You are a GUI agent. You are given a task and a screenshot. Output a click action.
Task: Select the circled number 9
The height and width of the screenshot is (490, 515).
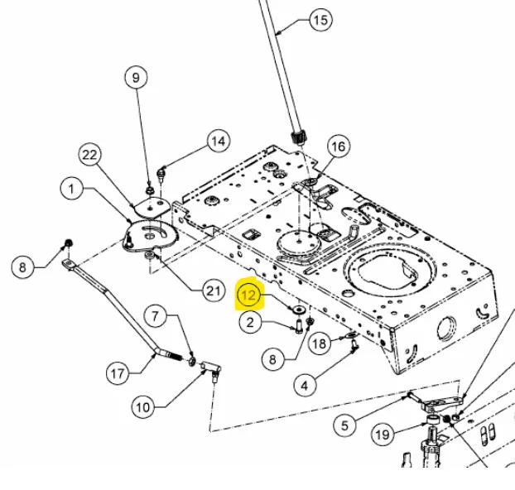135,78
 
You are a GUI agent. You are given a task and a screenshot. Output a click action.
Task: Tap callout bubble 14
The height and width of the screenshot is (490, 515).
217,142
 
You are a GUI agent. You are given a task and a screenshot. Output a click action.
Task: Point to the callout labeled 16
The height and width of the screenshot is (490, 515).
337,147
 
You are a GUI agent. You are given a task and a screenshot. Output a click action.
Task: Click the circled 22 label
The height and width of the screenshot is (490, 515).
89,154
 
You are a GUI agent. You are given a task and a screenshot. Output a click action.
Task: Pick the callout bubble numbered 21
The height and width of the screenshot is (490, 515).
214,290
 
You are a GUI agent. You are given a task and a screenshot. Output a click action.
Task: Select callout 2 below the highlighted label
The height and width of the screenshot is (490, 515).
251,323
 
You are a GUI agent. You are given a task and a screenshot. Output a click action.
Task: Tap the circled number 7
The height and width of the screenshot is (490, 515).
157,315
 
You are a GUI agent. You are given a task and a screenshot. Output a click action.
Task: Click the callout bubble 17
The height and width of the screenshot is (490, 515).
119,372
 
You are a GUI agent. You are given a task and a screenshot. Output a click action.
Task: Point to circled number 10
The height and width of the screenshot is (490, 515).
144,406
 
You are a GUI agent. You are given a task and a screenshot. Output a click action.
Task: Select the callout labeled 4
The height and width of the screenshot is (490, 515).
305,384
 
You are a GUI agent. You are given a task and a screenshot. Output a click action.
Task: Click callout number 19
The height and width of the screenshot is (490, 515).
382,434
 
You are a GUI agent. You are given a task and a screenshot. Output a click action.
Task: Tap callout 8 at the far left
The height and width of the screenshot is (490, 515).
24,267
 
